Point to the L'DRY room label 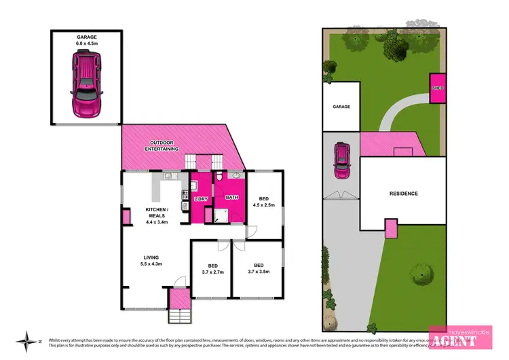coord(201,198)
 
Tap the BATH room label coord(231,197)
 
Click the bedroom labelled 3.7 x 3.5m coord(258,268)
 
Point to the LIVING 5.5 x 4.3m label coord(151,261)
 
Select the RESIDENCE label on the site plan coord(403,194)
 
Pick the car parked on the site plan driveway coord(342,161)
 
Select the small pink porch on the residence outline coord(392,228)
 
